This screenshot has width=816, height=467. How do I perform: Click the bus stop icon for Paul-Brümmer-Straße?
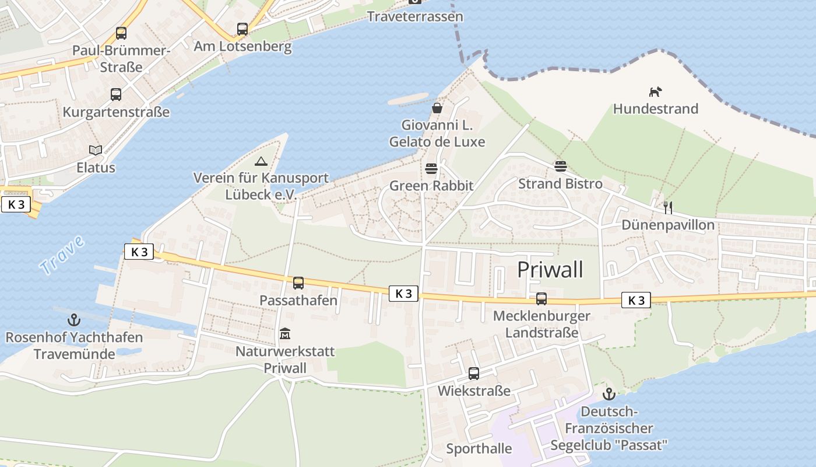[x=121, y=33]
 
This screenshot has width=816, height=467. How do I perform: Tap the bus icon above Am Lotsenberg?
[x=242, y=29]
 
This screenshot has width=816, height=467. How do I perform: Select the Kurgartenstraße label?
[x=116, y=111]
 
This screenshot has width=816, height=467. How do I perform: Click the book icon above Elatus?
[x=96, y=150]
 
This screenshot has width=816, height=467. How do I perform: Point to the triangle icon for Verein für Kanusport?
[x=261, y=161]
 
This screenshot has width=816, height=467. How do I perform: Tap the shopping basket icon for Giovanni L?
[x=437, y=108]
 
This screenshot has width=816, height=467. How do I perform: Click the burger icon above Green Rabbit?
[x=431, y=169]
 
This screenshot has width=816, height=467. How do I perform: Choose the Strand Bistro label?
[x=560, y=184]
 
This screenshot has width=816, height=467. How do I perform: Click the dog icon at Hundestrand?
[x=656, y=92]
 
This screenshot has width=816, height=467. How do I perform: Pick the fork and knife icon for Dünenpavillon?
[x=668, y=207]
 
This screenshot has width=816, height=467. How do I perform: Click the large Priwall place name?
[x=550, y=270]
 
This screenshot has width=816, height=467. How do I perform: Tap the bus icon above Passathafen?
[x=298, y=283]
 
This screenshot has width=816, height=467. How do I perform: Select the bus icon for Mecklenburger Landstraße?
[x=541, y=299]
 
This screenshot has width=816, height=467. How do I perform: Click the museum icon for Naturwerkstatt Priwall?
[x=285, y=334]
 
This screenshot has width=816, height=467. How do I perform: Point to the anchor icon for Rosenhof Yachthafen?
[x=74, y=320]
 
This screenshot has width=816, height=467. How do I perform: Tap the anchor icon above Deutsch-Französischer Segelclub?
[x=609, y=394]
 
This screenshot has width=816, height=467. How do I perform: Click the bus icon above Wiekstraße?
[x=474, y=373]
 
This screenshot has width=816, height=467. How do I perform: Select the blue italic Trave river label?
[x=62, y=255]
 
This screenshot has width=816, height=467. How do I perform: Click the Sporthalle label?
[x=479, y=449]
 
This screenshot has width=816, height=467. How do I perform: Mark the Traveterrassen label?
[x=415, y=16]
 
